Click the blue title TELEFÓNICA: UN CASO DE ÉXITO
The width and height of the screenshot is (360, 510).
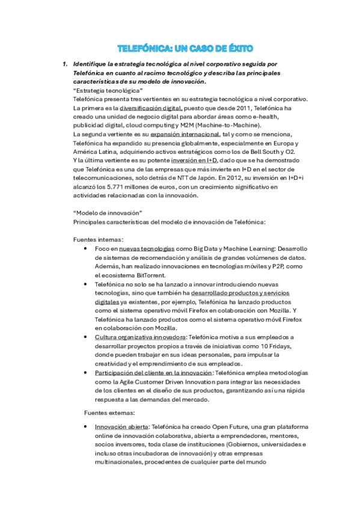(x=185, y=48)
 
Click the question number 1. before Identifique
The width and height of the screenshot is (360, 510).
(x=66, y=64)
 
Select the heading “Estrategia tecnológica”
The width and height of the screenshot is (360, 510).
(x=103, y=90)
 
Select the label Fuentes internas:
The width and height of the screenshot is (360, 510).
(x=98, y=239)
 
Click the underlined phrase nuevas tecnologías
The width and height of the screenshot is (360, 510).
(x=147, y=248)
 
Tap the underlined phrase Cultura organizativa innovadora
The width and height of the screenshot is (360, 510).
(x=140, y=337)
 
